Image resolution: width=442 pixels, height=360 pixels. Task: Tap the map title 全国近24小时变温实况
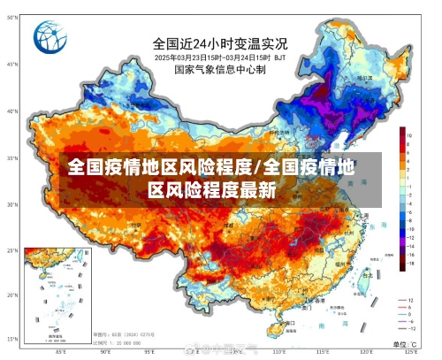tap(220, 42)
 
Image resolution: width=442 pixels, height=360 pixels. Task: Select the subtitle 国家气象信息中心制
tap(219, 69)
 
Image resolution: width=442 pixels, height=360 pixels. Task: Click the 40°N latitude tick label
tap(12, 112)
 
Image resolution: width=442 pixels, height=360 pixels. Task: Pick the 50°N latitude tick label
tap(12, 64)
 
